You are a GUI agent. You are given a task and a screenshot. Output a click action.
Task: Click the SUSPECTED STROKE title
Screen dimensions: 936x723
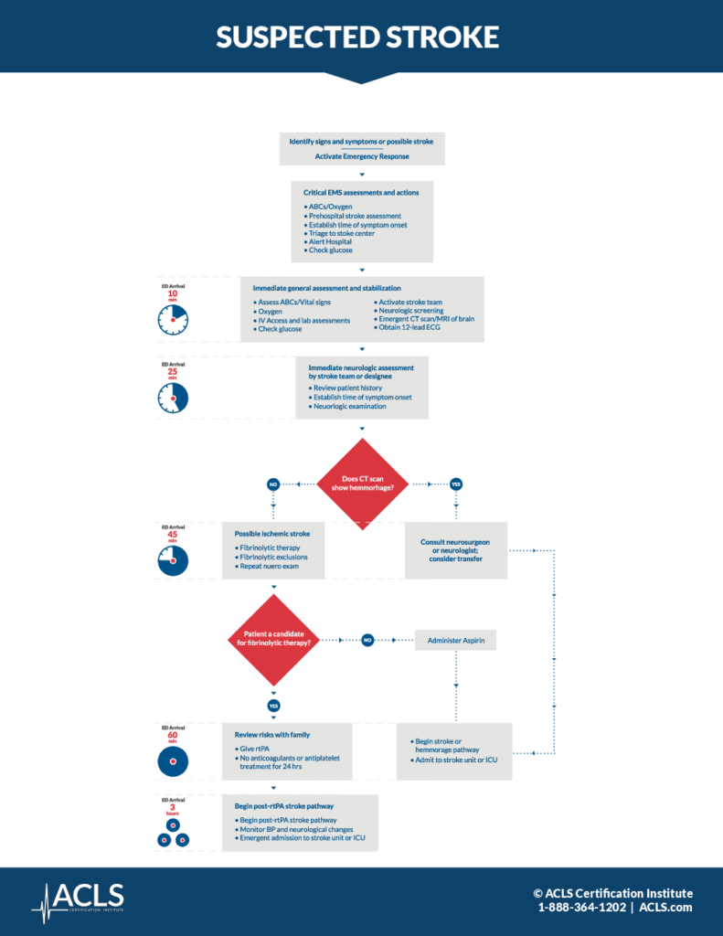point(357,37)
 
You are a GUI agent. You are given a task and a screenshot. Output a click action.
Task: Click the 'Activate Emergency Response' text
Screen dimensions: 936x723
point(362,156)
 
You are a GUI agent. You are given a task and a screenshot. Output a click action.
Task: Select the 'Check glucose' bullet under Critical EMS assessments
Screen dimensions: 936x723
point(330,250)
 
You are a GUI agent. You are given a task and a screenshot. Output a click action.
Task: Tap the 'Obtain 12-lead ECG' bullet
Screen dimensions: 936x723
point(409,327)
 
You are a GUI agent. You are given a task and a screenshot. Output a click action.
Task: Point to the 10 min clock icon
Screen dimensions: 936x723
point(173,319)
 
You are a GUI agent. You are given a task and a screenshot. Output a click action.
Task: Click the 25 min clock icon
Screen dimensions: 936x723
point(173,397)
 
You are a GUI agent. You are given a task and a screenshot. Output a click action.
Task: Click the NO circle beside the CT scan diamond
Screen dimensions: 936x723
point(272,484)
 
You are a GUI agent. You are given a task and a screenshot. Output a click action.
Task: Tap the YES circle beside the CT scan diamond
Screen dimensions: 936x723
point(455,484)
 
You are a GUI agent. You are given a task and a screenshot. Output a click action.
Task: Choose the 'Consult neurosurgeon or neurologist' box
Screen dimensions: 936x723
point(455,550)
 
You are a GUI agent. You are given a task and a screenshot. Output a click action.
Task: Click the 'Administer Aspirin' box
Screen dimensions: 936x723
point(455,641)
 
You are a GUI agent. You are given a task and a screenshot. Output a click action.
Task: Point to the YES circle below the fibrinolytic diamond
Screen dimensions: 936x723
point(272,706)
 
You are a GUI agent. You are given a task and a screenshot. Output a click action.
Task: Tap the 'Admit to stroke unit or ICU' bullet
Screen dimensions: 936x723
point(455,760)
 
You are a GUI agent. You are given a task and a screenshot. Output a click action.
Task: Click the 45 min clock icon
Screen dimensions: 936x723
point(173,560)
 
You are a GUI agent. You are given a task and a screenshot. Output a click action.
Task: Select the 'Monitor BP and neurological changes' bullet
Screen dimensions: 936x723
point(298,828)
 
